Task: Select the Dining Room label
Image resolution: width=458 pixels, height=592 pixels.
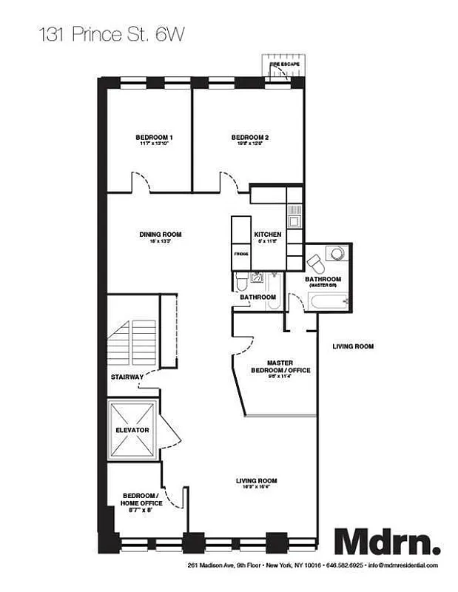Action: click(161, 235)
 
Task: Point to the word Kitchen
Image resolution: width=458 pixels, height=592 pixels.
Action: click(267, 235)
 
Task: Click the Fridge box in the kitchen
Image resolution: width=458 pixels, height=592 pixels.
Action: click(241, 254)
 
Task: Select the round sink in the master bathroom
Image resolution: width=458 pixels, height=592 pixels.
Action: click(337, 253)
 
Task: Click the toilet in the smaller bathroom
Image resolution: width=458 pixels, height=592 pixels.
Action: click(240, 281)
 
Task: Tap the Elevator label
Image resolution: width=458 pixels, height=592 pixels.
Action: click(132, 430)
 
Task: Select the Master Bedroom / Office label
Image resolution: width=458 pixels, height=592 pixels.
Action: click(279, 366)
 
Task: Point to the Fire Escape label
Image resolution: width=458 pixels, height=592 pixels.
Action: click(285, 65)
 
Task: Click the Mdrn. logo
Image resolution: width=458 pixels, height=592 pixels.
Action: click(387, 542)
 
